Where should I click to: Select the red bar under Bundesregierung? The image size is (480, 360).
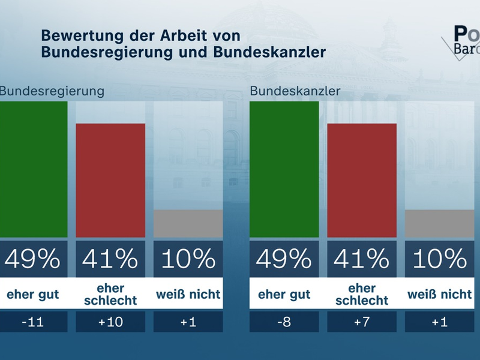[x=110, y=180]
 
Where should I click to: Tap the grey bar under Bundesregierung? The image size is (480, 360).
[x=188, y=223]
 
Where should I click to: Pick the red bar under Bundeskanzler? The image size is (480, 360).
[x=362, y=180]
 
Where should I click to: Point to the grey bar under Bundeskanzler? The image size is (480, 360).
[x=440, y=223]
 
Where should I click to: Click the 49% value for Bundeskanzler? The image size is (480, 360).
[x=284, y=259]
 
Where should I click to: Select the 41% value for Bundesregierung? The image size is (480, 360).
[x=110, y=259]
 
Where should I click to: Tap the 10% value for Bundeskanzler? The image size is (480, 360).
[x=440, y=259]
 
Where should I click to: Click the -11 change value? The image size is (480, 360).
[x=33, y=322]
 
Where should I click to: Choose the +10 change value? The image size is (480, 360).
[x=110, y=322]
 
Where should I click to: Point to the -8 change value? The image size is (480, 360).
[x=284, y=322]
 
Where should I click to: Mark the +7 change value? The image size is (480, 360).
[x=362, y=322]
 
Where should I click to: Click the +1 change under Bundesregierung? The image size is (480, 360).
[x=188, y=322]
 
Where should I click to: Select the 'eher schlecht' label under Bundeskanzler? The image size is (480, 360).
[x=362, y=294]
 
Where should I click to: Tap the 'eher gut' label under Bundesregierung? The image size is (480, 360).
[x=33, y=295]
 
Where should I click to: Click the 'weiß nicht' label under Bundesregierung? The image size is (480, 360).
[x=188, y=295]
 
